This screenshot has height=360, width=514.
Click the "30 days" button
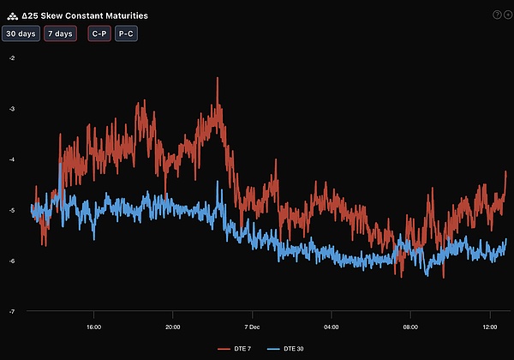click(21, 34)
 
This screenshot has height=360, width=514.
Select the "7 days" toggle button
click(60, 34)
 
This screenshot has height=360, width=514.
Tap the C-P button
click(99, 34)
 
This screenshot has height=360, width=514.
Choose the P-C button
click(126, 34)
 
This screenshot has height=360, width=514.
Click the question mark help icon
click(496, 15)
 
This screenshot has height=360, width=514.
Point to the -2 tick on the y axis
click(11, 58)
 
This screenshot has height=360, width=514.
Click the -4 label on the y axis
click(11, 159)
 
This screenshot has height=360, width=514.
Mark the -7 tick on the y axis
click(11, 311)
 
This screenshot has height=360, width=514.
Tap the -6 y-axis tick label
click(11, 261)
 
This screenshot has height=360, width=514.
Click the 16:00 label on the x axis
click(94, 327)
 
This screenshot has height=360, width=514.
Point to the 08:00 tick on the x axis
click(410, 327)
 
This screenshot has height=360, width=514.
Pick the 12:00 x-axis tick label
click(490, 327)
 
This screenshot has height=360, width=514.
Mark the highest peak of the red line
click(218, 78)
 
